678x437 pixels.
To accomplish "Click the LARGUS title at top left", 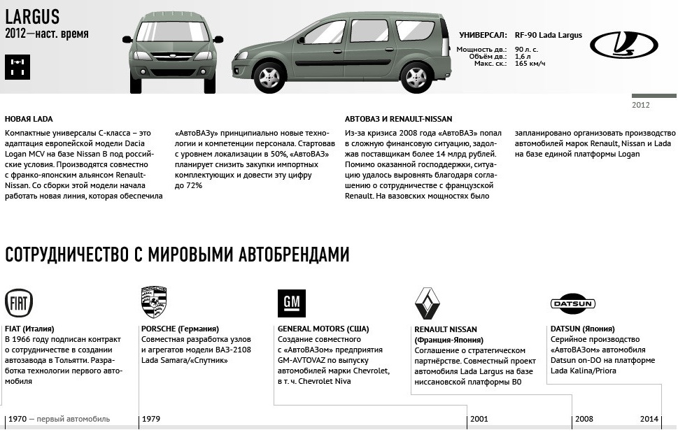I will [32, 15].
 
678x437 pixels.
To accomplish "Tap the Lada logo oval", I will [623, 45].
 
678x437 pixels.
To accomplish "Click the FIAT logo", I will [19, 303].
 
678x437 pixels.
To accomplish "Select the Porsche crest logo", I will [154, 302].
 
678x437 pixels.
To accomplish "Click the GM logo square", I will [291, 303].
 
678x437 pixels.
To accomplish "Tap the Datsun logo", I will [573, 303].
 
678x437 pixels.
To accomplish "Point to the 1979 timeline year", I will [151, 419].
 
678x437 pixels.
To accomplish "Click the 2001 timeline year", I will [479, 419].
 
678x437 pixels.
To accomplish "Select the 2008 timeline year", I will [584, 419].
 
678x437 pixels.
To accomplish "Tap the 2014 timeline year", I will [649, 419].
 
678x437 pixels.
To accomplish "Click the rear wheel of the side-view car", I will [416, 77].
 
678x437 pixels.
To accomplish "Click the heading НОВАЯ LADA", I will [29, 119].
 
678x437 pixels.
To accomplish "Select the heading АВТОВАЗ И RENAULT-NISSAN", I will [398, 119].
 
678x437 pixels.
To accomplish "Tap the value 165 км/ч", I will [530, 64].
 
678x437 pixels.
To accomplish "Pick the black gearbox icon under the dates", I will [17, 67].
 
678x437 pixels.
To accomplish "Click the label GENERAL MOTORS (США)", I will [323, 329].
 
